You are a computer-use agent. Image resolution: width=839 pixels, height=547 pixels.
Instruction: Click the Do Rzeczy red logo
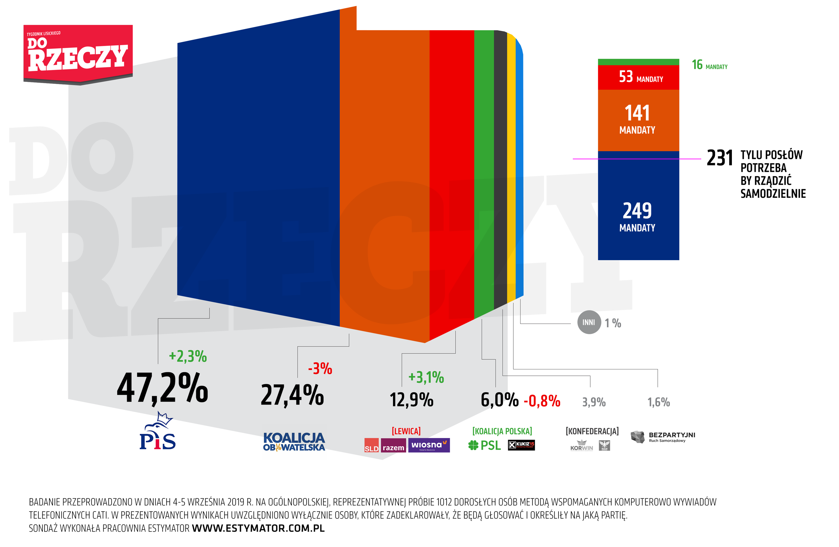pyautogui.click(x=78, y=54)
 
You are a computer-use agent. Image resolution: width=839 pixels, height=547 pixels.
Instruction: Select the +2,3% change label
pyautogui.click(x=187, y=357)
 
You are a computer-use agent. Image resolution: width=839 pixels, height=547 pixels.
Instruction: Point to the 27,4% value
pyautogui.click(x=292, y=395)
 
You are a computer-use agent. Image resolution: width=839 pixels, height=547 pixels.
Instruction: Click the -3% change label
pyautogui.click(x=320, y=369)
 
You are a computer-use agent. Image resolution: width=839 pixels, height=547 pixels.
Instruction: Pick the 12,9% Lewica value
pyautogui.click(x=411, y=400)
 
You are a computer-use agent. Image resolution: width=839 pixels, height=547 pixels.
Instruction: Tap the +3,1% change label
pyautogui.click(x=426, y=377)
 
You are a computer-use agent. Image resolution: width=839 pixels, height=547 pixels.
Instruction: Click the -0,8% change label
pyautogui.click(x=542, y=401)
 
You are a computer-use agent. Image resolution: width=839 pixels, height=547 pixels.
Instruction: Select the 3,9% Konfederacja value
pyautogui.click(x=594, y=402)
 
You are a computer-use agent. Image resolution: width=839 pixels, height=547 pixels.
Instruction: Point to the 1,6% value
pyautogui.click(x=659, y=402)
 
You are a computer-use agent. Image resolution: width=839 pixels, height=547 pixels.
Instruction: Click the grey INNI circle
pyautogui.click(x=589, y=322)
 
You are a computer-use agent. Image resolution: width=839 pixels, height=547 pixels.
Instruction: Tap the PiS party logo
pyautogui.click(x=157, y=432)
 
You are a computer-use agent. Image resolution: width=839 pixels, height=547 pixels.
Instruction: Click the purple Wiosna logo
pyautogui.click(x=429, y=445)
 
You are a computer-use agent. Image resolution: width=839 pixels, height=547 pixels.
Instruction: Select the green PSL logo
pyautogui.click(x=484, y=445)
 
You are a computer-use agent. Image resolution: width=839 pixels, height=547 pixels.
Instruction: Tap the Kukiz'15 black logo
pyautogui.click(x=521, y=445)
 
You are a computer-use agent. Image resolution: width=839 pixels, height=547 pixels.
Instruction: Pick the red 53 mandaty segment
pyautogui.click(x=638, y=77)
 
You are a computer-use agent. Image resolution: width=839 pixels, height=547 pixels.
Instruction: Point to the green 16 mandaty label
pyautogui.click(x=709, y=65)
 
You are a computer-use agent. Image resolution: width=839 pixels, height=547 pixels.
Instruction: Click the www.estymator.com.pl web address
pyautogui.click(x=258, y=528)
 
